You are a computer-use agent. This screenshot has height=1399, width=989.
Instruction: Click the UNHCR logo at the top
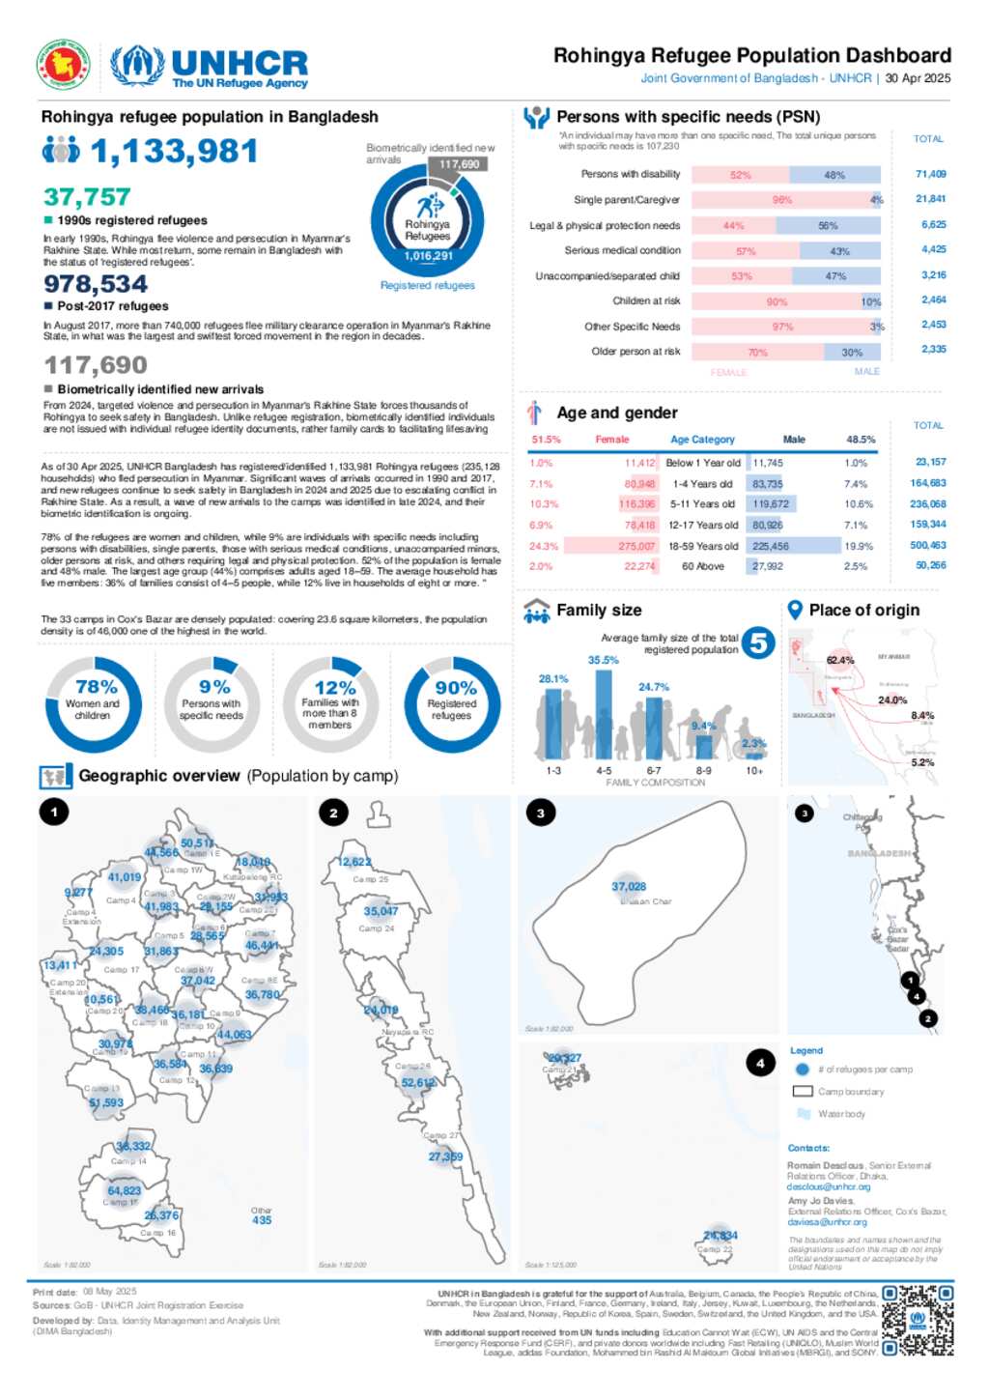coord(209,66)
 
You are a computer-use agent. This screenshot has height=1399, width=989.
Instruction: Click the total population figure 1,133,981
coord(174,152)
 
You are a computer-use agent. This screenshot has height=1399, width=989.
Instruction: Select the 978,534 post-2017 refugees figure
coord(96,284)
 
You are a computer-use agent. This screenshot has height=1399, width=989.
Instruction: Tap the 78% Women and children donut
coord(94,705)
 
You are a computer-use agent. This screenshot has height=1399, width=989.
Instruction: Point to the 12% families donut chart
coord(331,705)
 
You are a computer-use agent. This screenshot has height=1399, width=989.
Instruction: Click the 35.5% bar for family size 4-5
coord(604,713)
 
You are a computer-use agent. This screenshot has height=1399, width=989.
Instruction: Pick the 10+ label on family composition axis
coord(754,771)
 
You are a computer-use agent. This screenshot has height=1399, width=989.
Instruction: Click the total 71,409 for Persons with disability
coord(930,175)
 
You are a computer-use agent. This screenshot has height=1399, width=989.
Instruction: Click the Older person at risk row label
coord(636,352)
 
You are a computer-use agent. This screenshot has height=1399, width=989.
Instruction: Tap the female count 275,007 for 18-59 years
coord(636,546)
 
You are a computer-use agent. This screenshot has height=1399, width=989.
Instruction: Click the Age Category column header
coord(702,440)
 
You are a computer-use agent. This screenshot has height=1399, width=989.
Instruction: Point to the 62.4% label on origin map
coord(839,661)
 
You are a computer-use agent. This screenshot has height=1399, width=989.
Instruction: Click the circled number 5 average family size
coord(758,642)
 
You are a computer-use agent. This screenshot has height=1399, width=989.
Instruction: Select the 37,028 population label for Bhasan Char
coord(629,887)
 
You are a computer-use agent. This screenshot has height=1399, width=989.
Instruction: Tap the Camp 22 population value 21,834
coord(721,1236)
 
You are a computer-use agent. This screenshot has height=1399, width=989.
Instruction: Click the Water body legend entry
coord(840,1114)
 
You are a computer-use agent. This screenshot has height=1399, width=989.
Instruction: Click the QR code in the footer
coord(918,1320)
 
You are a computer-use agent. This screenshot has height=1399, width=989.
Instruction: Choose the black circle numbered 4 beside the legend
coord(760,1064)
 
